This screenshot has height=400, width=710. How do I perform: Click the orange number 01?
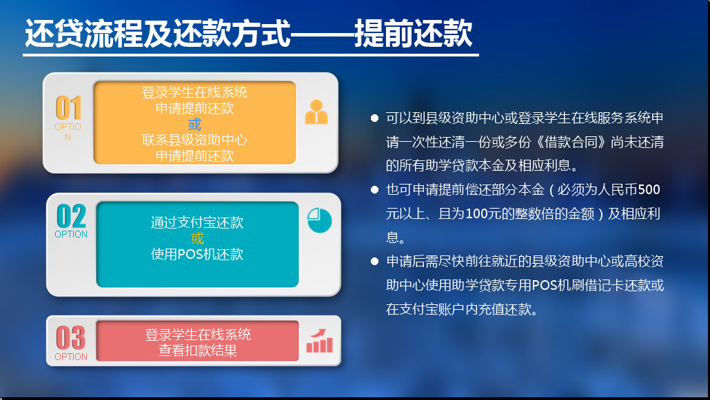point(68,107)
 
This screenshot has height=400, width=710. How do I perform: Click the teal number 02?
point(71,216)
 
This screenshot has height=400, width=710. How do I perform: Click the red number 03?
point(70,338)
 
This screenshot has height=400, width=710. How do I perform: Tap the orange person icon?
point(316,112)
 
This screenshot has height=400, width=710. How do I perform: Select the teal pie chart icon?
point(319,220)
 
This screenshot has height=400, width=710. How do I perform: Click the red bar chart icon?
point(320,341)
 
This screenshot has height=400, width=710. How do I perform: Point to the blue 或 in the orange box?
point(194,124)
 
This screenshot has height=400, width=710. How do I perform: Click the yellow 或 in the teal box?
point(197,238)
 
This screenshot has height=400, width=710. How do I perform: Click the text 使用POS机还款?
point(197,254)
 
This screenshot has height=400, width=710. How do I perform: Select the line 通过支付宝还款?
point(197,222)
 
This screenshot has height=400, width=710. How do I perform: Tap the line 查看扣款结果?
point(198,350)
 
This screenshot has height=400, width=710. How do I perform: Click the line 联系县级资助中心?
point(194,140)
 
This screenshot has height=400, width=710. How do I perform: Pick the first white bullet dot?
point(374,118)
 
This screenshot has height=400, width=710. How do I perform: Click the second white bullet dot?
point(374,189)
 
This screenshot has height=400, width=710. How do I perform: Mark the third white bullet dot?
point(374,261)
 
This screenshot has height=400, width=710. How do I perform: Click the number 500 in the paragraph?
point(649,189)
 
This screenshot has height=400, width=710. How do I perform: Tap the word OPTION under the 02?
point(71,234)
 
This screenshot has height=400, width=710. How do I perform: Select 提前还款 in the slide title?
point(413,33)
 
